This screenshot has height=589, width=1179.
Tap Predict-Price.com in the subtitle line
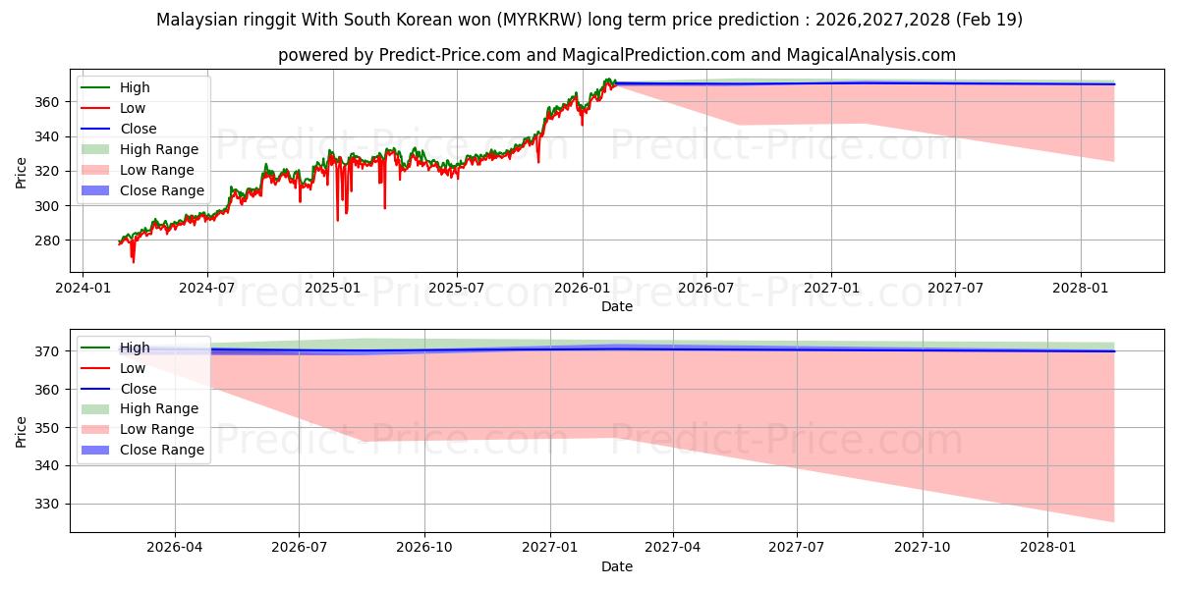pos(450,55)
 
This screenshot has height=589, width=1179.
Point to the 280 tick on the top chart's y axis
pos(47,241)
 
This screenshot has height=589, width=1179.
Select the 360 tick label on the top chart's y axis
pos(47,102)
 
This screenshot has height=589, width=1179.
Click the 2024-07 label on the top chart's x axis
pos(207,289)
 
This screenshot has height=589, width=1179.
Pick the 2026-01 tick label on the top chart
pos(582,289)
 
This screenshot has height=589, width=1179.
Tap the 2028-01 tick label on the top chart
pos(1081,289)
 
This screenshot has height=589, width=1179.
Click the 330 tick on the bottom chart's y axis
pos(47,505)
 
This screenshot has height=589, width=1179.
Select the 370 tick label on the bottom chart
pos(47,351)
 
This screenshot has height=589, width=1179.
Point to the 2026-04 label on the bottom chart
pos(175,548)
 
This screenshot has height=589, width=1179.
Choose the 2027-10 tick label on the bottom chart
pos(923,548)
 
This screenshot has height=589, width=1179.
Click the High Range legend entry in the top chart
pos(140,149)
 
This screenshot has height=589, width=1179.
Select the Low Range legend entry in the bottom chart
pos(138,429)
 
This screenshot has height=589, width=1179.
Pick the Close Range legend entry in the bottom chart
pos(142,450)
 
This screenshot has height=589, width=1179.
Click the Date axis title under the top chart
pos(617,306)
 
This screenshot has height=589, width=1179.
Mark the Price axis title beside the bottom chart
pos(21,432)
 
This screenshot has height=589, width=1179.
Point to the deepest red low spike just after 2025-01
pos(337,219)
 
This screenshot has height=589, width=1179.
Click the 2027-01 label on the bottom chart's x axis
pos(550,548)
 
